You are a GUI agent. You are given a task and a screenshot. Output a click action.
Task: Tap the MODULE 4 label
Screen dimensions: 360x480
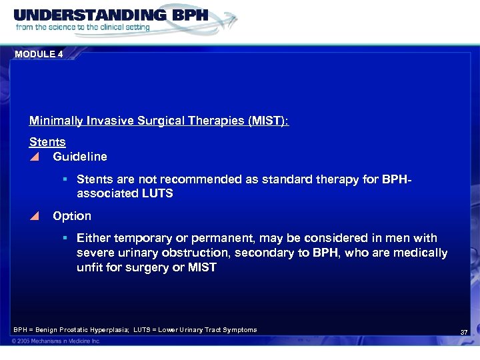(x=38, y=55)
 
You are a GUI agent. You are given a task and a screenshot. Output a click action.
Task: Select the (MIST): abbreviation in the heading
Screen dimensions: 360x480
(x=269, y=121)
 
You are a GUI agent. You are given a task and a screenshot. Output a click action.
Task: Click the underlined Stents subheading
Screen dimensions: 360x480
(x=47, y=142)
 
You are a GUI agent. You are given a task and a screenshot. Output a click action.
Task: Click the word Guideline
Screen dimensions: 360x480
(x=80, y=157)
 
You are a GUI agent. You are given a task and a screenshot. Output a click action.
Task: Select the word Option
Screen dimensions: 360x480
(x=72, y=216)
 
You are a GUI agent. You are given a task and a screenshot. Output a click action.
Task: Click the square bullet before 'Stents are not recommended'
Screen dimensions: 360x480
(x=66, y=179)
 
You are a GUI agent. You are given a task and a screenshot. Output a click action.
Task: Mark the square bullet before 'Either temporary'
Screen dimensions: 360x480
(x=66, y=238)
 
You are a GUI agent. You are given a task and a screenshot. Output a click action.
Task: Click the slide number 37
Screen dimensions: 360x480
(x=464, y=332)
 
